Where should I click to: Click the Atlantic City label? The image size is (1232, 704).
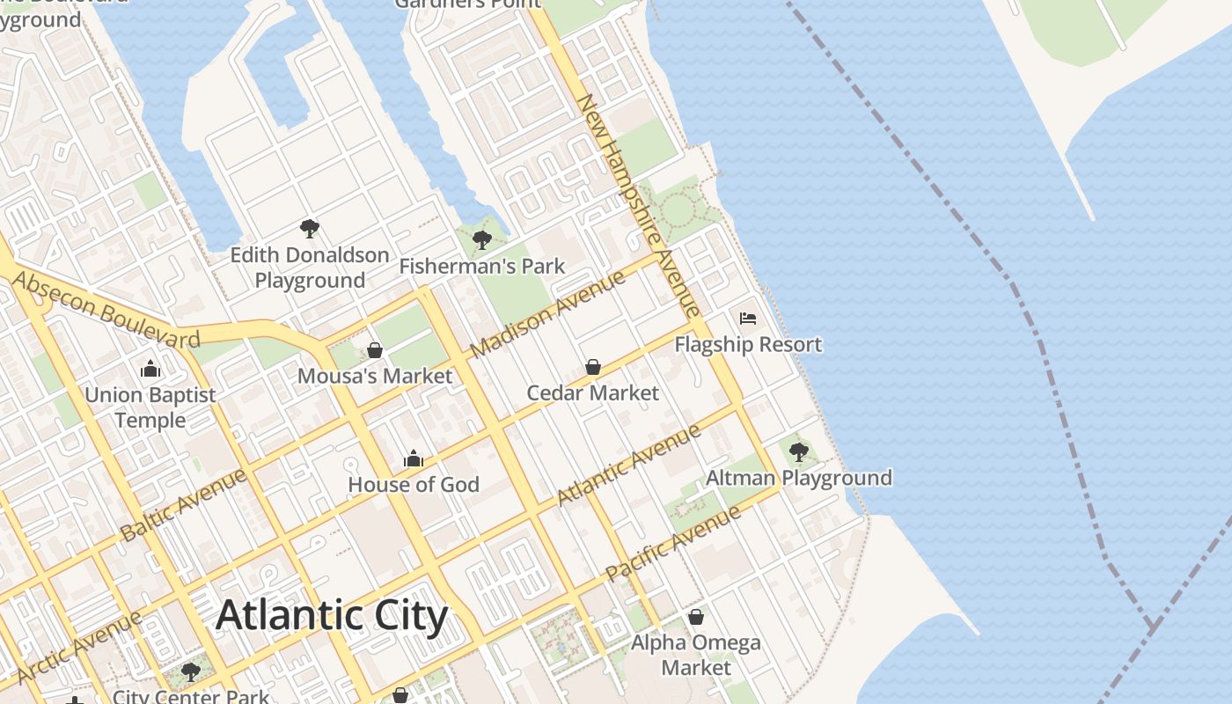(x=332, y=615)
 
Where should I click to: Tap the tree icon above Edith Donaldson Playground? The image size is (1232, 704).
(x=309, y=229)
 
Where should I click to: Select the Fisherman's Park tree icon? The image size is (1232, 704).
(x=481, y=239)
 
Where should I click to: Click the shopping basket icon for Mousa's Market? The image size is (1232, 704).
(x=375, y=350)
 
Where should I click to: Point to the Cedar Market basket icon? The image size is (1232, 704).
(x=593, y=366)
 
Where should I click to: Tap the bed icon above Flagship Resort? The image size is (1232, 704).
(x=748, y=318)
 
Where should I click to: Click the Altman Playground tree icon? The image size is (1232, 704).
(x=799, y=452)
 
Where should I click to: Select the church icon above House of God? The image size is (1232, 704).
(x=414, y=458)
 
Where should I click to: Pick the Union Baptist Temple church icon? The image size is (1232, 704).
(x=150, y=369)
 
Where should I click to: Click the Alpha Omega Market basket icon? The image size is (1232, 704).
(x=696, y=617)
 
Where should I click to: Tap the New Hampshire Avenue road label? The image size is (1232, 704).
(x=638, y=205)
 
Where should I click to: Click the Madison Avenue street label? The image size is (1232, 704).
(x=547, y=314)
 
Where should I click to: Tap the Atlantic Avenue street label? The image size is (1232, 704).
(x=628, y=465)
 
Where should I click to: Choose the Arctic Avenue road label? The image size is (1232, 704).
(x=79, y=647)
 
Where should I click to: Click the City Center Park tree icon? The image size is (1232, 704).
(x=190, y=673)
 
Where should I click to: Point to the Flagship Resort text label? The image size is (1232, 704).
(x=748, y=344)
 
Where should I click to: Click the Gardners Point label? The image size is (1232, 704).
(x=467, y=4)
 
